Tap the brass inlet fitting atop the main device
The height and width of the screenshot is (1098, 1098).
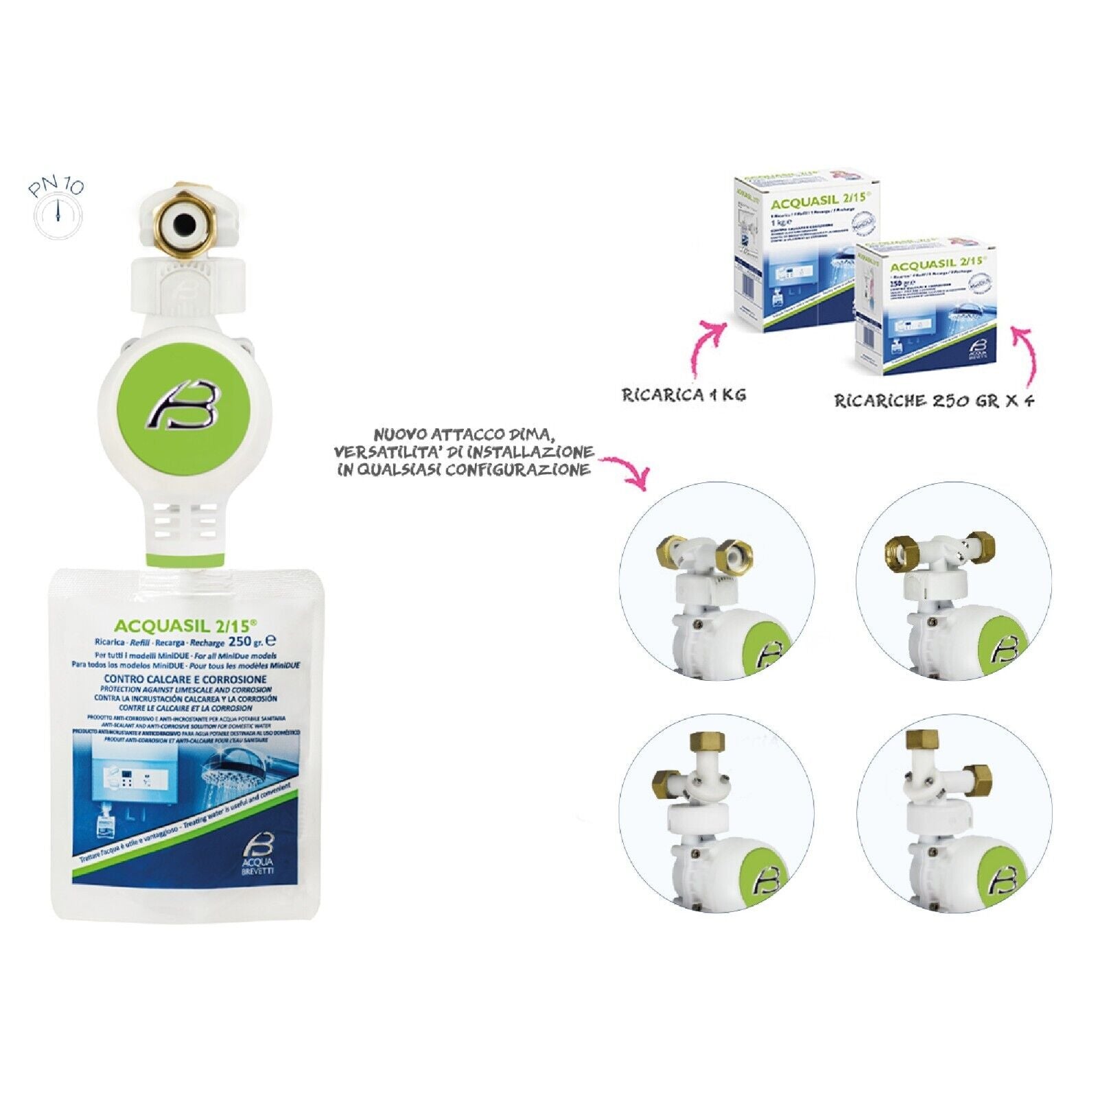185,222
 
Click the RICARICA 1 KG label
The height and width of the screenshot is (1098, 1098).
683,395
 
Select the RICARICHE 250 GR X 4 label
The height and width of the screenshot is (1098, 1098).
934,401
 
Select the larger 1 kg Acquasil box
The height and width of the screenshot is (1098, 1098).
789,254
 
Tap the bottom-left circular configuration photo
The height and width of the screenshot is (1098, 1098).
717,813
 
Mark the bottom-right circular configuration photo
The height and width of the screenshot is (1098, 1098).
953,813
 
